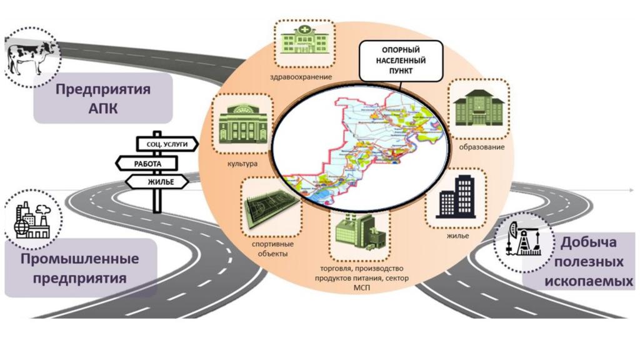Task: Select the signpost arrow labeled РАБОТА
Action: [x=147, y=163]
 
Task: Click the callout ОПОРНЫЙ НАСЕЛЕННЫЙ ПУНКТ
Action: [x=404, y=61]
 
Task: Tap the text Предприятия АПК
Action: [x=102, y=98]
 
